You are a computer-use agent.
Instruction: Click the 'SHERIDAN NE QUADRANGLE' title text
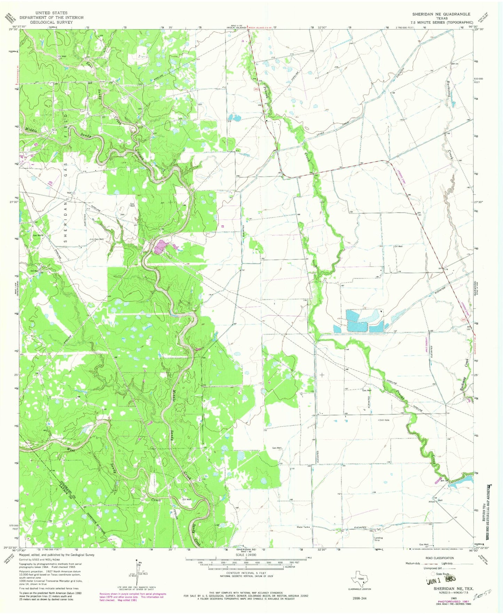pyautogui.click(x=441, y=14)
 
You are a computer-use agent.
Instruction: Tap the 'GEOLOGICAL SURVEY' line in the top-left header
pyautogui.click(x=51, y=22)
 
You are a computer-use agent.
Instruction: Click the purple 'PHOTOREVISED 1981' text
pyautogui.click(x=440, y=601)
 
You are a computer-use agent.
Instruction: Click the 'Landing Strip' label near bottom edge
pyautogui.click(x=378, y=539)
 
